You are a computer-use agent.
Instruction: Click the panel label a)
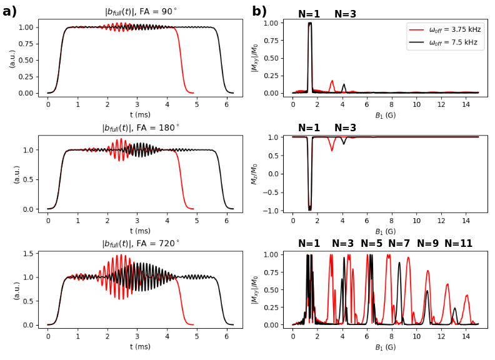[x=9, y=11]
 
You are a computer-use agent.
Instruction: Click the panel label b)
[x=259, y=11]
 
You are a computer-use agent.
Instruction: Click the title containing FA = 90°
[x=141, y=12]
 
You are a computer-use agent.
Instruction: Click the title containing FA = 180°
[x=141, y=128]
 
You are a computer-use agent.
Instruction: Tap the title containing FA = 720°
[x=141, y=244]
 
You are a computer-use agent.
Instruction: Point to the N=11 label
[x=459, y=244]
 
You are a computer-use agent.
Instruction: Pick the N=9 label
[x=428, y=244]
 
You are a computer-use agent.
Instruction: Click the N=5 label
[x=371, y=244]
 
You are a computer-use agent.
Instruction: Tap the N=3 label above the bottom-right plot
[x=343, y=244]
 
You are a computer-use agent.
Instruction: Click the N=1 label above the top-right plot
[x=309, y=14]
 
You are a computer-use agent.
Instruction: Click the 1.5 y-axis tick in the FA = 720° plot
[x=27, y=254]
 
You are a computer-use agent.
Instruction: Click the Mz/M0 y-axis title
[x=254, y=173]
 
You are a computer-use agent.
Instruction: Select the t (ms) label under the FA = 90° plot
[x=141, y=114]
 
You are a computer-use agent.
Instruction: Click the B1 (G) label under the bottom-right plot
[x=386, y=347]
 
